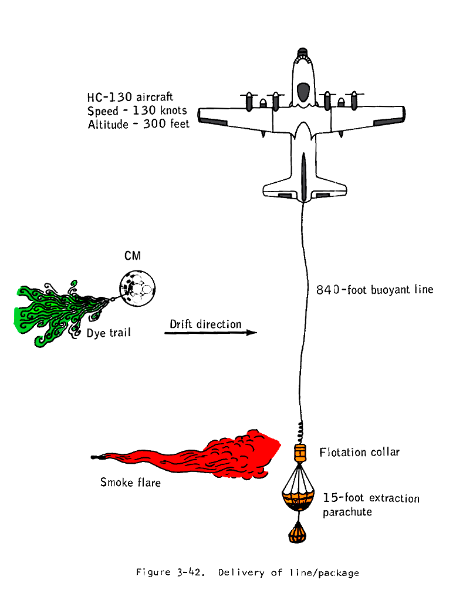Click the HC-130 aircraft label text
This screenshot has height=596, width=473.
tap(130, 96)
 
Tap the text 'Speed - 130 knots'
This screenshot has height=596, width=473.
tap(137, 111)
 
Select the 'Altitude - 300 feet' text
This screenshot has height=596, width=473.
tap(138, 125)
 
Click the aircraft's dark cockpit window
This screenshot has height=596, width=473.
tap(303, 92)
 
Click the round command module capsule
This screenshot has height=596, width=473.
tap(138, 287)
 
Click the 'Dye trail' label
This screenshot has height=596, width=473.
tap(109, 333)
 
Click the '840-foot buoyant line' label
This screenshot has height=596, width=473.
tap(374, 290)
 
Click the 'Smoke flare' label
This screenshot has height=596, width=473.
tap(130, 483)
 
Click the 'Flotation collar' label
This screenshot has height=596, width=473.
tap(359, 452)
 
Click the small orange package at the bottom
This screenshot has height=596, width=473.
tap(299, 534)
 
